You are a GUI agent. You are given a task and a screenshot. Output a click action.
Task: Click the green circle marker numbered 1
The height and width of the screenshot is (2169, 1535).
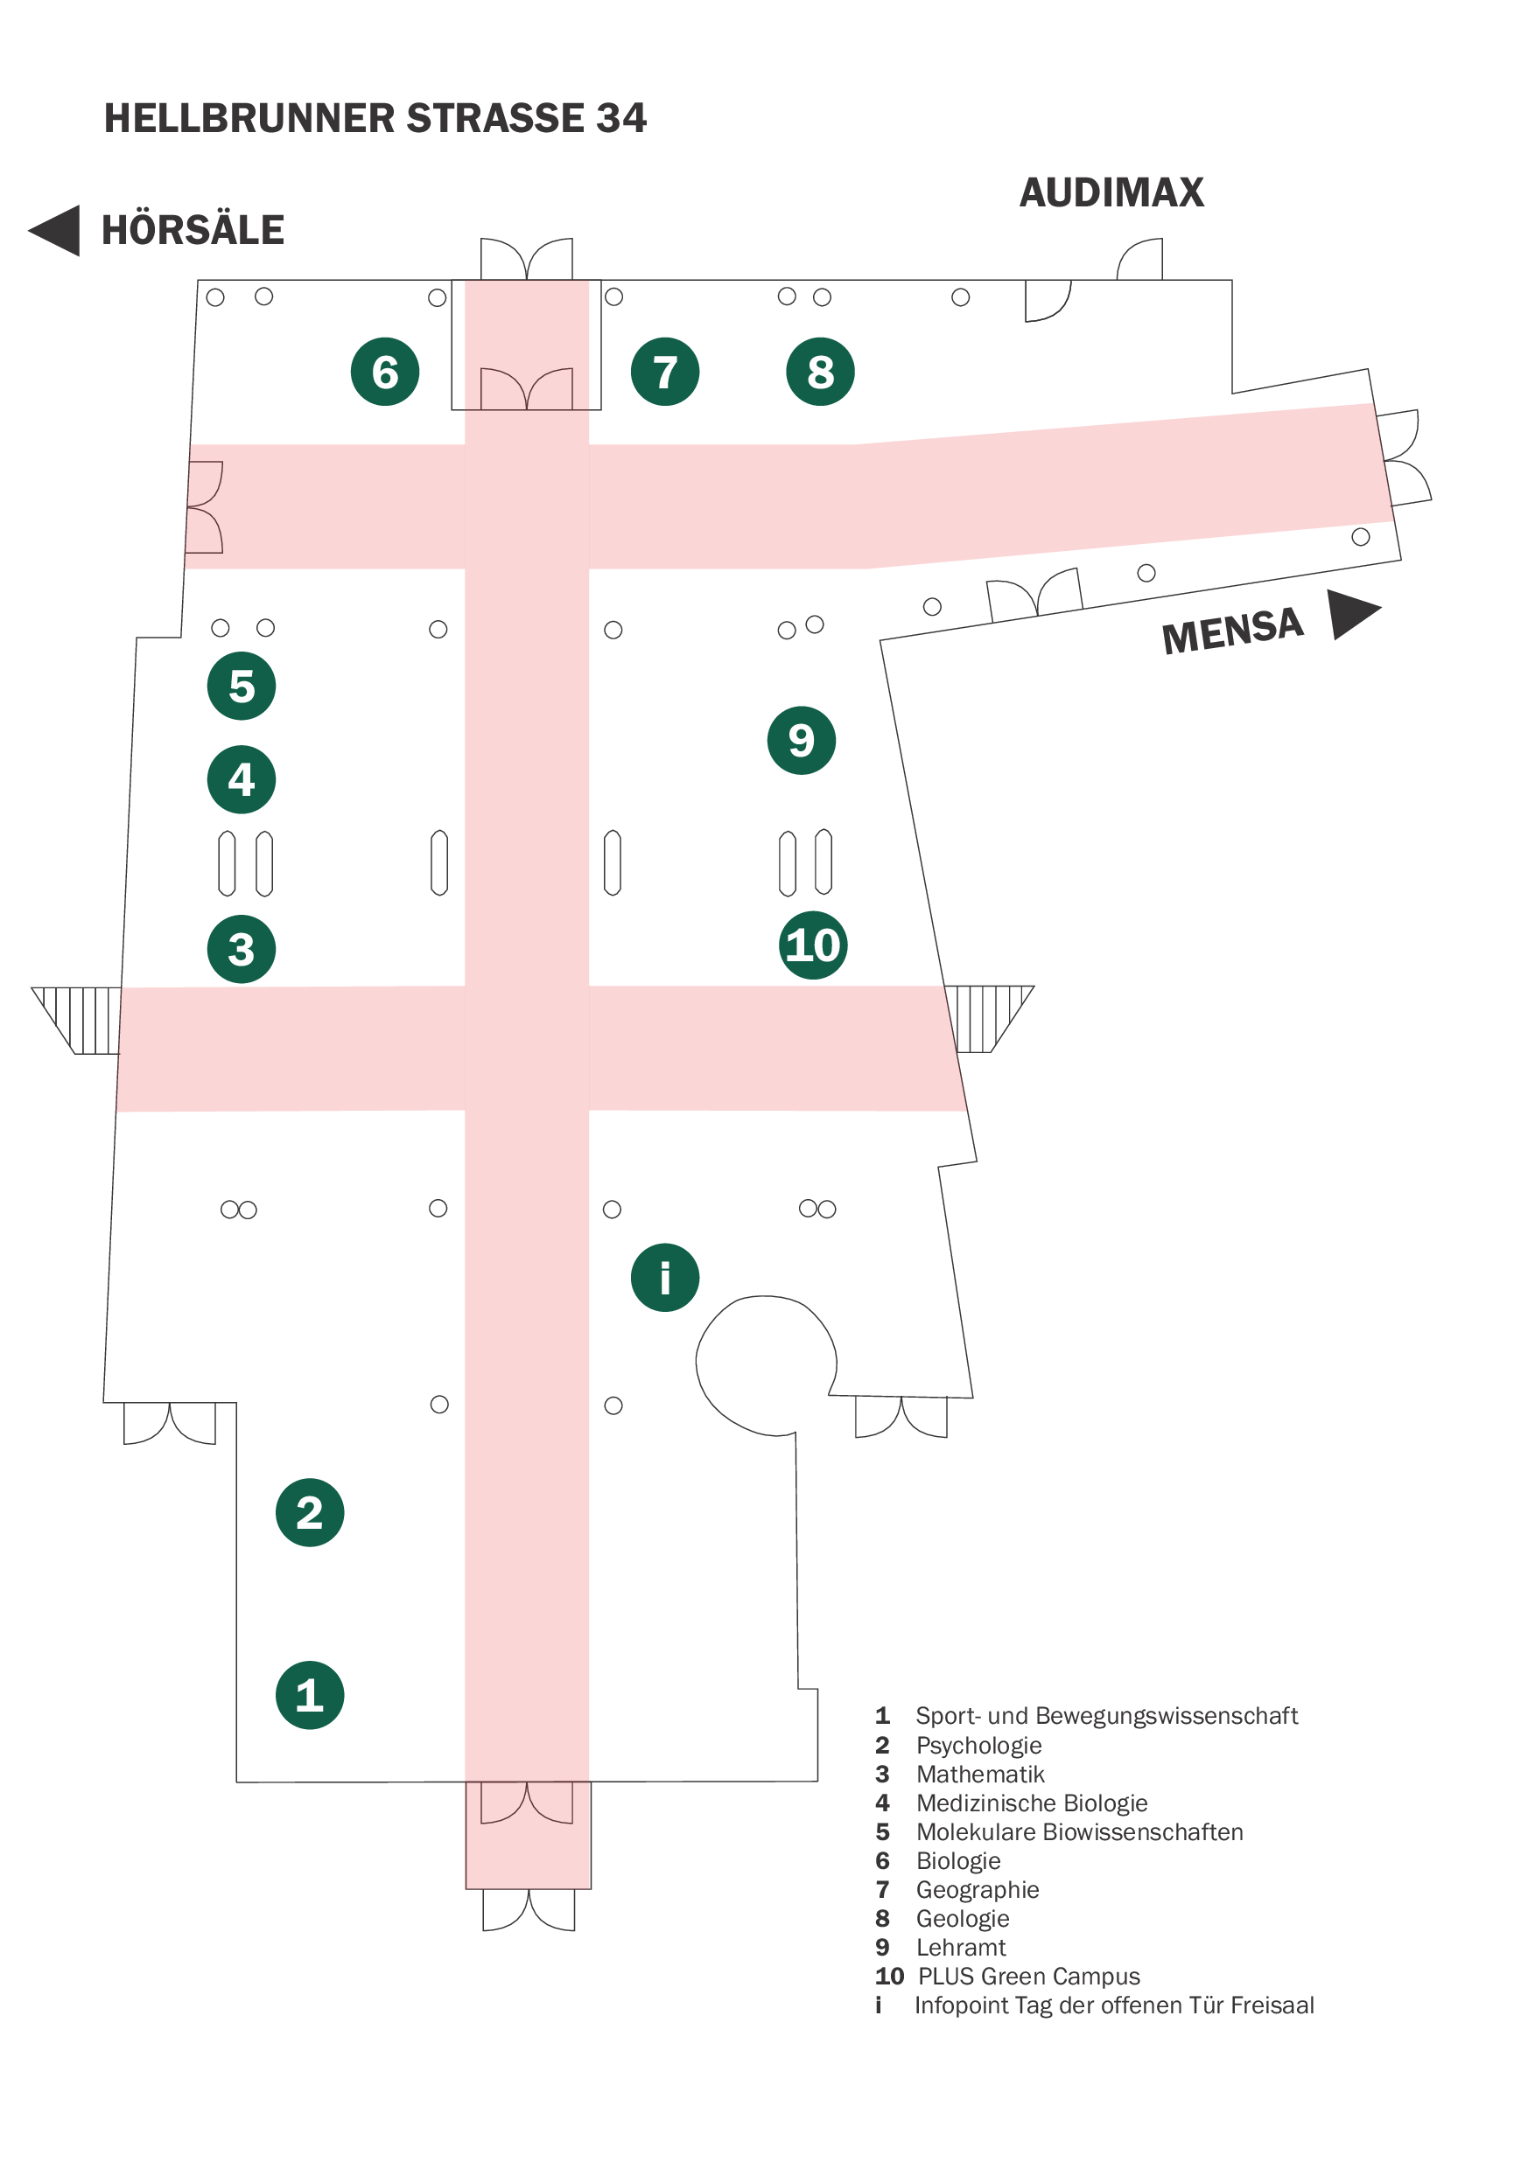(x=309, y=1695)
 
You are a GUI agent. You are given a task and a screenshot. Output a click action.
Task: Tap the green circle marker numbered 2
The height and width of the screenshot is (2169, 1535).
(x=309, y=1512)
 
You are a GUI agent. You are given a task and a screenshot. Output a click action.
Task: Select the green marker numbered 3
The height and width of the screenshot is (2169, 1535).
(x=241, y=950)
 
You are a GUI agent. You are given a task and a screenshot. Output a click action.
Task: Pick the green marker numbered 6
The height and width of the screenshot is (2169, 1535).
(x=385, y=371)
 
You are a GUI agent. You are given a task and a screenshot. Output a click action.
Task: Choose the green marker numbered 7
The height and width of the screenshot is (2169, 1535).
(x=664, y=371)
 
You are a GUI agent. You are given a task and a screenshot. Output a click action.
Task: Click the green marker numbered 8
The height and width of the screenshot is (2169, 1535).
(x=819, y=371)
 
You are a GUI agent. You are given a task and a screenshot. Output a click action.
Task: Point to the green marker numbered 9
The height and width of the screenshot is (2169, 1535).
(x=801, y=740)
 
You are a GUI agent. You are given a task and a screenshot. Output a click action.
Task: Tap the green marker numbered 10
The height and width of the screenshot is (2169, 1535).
(x=813, y=945)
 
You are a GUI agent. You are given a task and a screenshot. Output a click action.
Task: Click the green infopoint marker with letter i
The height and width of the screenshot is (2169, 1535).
(x=664, y=1277)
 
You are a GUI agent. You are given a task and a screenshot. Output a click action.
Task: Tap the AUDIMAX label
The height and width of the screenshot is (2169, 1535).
(x=1111, y=192)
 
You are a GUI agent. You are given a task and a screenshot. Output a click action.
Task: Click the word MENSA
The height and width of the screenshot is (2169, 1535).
(x=1231, y=631)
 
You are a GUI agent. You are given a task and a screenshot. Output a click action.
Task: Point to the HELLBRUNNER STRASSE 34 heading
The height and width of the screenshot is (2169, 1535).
(x=375, y=118)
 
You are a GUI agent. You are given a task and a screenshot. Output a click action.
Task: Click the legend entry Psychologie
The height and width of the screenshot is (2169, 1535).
(x=978, y=1745)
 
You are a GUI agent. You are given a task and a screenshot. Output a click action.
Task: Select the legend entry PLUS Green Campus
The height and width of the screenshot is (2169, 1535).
(x=1028, y=1977)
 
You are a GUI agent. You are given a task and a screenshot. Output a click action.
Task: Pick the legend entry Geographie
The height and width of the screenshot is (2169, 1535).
(x=977, y=1889)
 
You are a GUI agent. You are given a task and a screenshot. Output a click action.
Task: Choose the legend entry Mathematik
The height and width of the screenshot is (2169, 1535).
(x=979, y=1775)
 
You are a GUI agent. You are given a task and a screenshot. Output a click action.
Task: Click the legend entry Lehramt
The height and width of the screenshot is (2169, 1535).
(x=960, y=1947)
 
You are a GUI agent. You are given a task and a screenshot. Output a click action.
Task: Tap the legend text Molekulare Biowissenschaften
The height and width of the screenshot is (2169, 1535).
(x=1078, y=1831)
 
